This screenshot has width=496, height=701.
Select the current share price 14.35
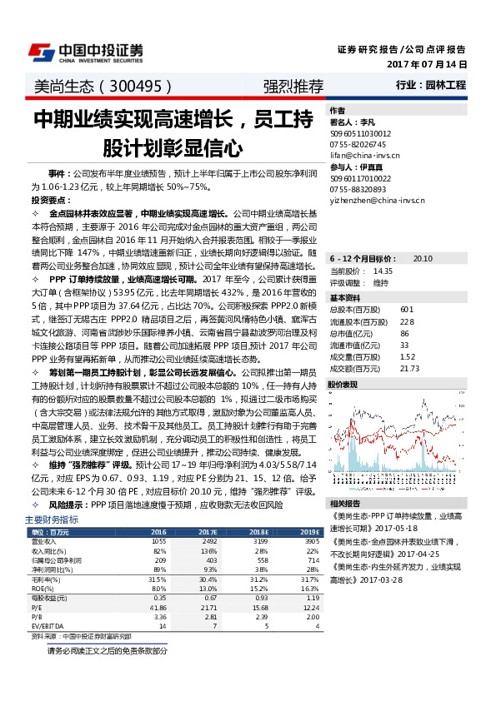click(383, 271)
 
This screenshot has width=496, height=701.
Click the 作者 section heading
click(337, 110)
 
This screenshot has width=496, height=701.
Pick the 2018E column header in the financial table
click(259, 531)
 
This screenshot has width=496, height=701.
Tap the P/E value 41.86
click(158, 609)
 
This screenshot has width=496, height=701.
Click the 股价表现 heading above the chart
click(343, 385)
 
